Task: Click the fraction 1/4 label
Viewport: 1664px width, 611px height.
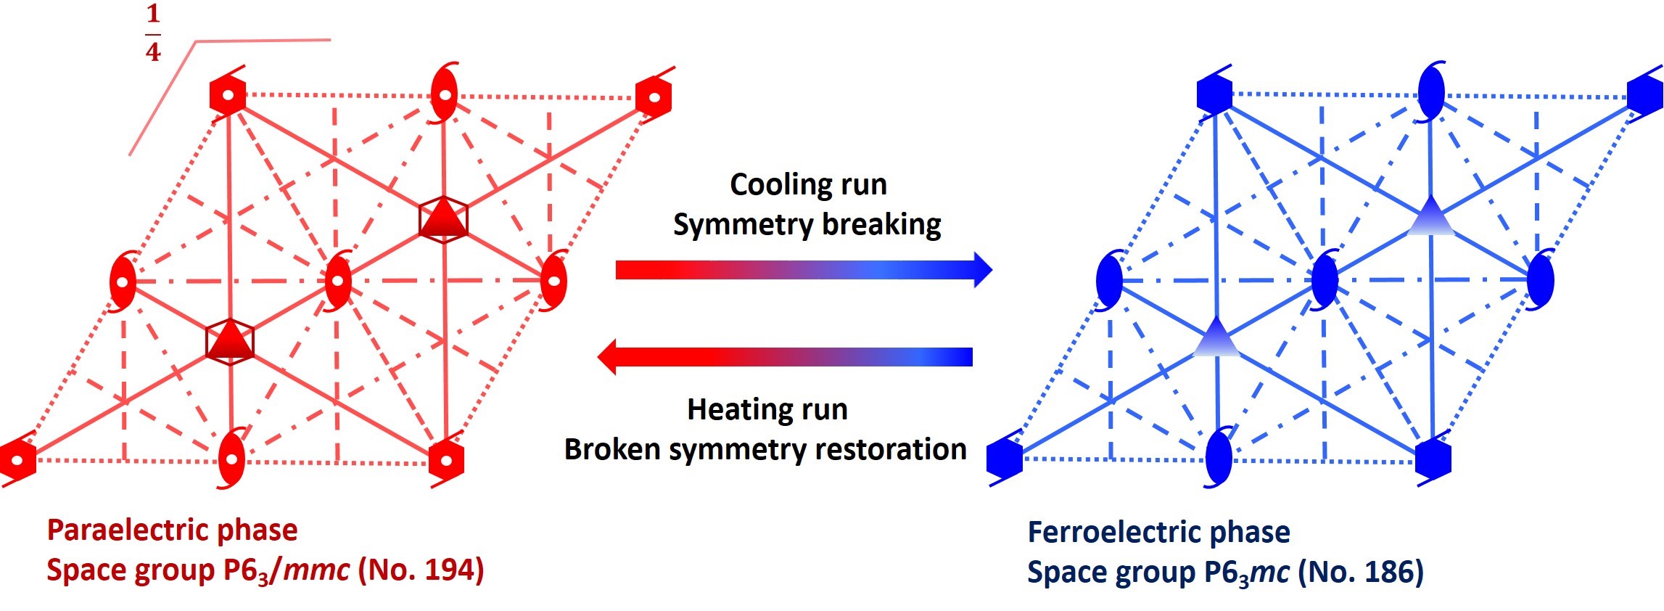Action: (x=152, y=33)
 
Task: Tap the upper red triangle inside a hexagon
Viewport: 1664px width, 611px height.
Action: (x=443, y=218)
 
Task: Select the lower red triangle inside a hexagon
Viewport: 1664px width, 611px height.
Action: (x=230, y=340)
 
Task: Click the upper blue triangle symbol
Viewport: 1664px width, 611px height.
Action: (x=1430, y=217)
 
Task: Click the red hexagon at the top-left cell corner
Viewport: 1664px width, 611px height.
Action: (x=228, y=95)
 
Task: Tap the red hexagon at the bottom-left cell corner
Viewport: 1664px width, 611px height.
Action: (x=17, y=459)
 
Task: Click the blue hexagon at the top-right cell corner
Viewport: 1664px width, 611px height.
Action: (x=1644, y=95)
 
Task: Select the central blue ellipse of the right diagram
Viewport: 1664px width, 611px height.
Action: (x=1325, y=279)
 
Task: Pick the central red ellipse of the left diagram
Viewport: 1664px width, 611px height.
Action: (x=338, y=281)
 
